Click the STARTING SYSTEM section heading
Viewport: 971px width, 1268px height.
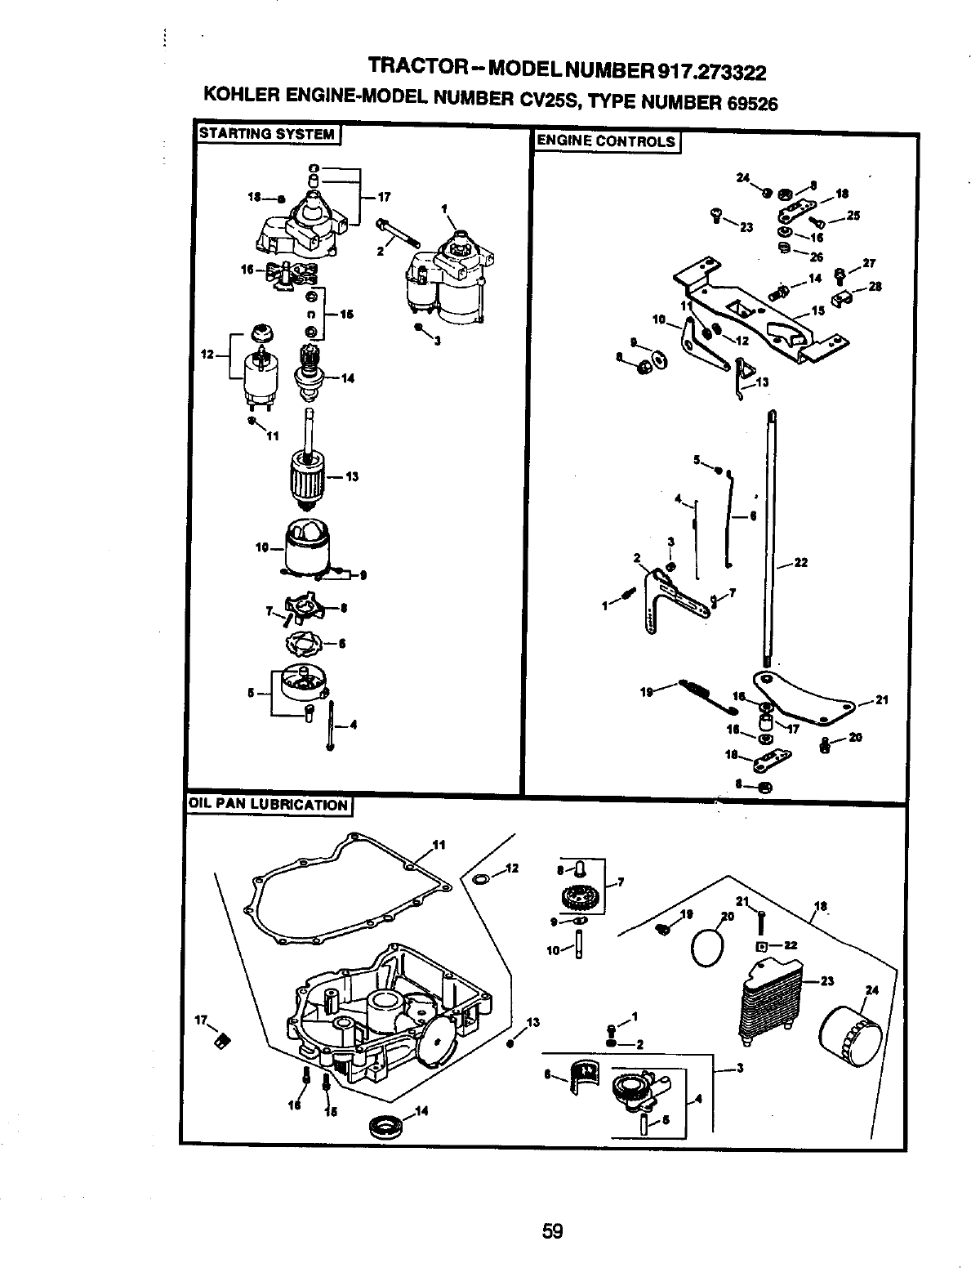(265, 134)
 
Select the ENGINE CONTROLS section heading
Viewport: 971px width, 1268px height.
(605, 141)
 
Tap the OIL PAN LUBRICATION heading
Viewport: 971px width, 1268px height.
(267, 805)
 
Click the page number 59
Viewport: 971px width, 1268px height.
(553, 1208)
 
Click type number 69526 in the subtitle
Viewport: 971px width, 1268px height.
(745, 103)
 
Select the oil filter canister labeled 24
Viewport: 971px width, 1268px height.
(850, 1036)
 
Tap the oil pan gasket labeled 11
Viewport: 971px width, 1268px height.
(351, 891)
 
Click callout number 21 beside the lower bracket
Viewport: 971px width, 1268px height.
(881, 699)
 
